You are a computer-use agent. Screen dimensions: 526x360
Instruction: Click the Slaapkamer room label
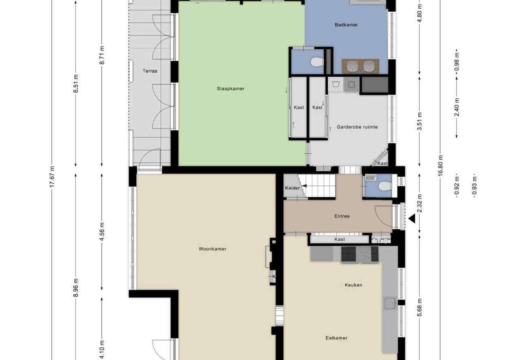click(230, 89)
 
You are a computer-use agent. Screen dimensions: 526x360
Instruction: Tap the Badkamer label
click(346, 25)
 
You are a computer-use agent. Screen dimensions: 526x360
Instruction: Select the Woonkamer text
click(212, 249)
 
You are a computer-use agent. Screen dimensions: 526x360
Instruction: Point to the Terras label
click(150, 71)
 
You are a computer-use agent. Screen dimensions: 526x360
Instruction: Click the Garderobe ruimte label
click(357, 127)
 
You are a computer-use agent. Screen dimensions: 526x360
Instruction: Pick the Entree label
click(342, 216)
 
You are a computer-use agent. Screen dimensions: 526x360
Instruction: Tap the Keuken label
click(353, 285)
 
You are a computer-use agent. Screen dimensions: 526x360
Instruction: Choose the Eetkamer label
click(337, 338)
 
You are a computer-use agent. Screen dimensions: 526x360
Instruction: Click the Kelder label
click(293, 188)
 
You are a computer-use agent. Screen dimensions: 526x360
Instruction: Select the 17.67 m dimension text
click(52, 177)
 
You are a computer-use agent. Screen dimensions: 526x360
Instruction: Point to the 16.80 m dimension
click(440, 165)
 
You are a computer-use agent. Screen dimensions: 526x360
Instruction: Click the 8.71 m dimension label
click(102, 55)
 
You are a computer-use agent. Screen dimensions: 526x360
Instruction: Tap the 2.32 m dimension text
click(420, 203)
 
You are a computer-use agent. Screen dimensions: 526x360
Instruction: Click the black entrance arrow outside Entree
click(412, 219)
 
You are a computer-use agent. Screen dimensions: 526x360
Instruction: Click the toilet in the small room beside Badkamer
click(317, 62)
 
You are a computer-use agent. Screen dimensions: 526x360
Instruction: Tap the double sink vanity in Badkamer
click(361, 66)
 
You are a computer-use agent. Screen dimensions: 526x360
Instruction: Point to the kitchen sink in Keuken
click(390, 303)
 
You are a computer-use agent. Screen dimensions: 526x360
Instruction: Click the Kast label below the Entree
click(339, 239)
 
